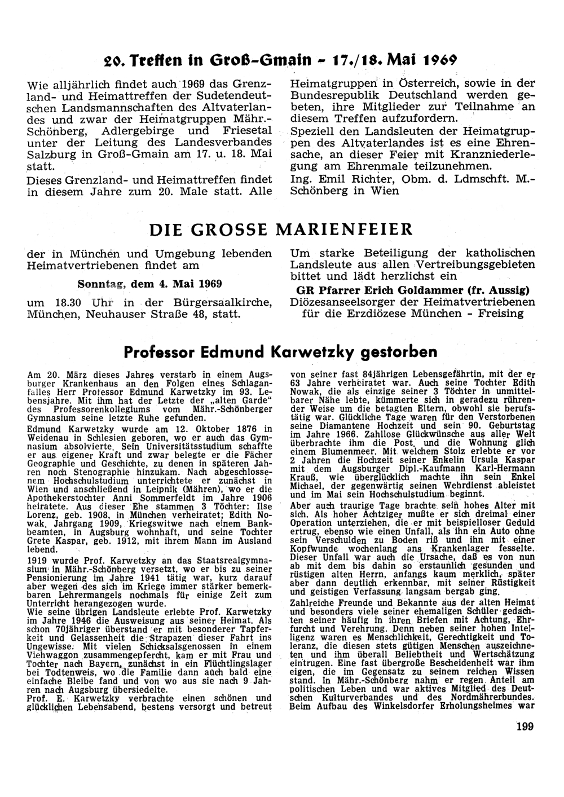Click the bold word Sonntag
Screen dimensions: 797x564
[x=99, y=283]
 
